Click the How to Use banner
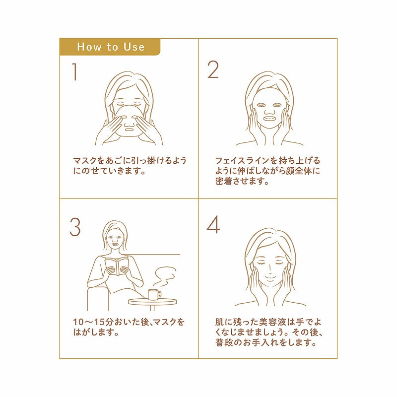pos(110,47)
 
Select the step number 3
pos(75,227)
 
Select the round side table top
pos(152,301)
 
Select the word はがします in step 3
pos(95,332)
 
